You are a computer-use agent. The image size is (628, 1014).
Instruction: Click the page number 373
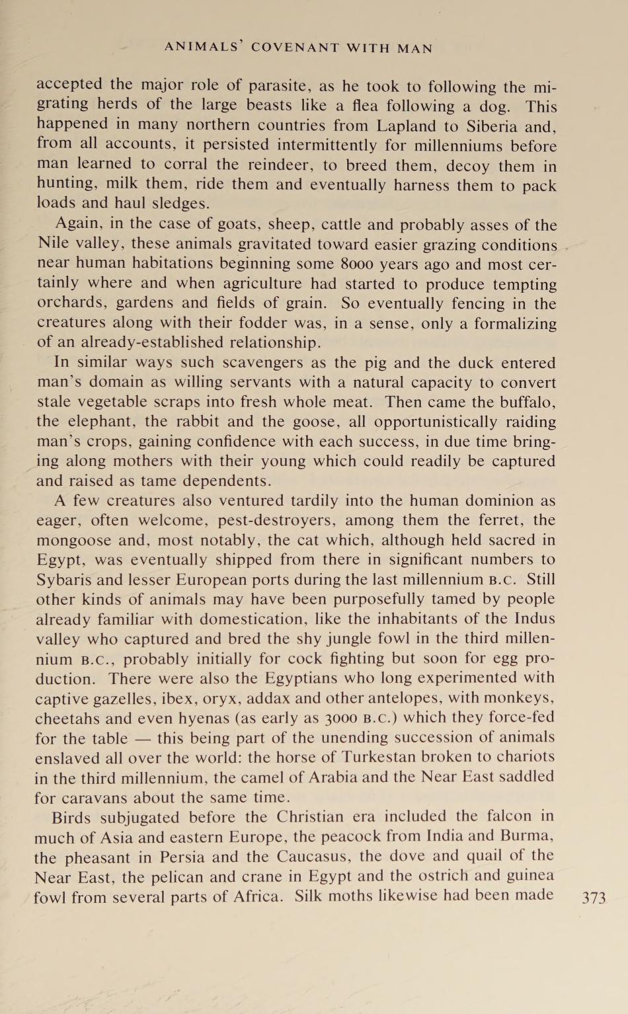(x=593, y=898)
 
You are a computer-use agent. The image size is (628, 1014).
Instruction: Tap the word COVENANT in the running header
(x=295, y=48)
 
